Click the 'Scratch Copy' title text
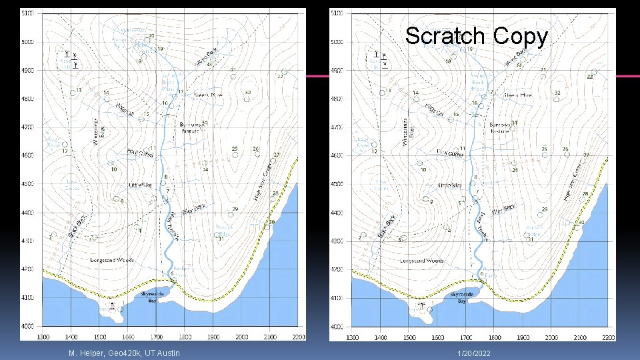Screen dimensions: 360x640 click(476, 36)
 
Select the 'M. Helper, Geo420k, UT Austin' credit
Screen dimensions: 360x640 click(123, 352)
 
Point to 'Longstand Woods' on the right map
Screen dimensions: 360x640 click(422, 261)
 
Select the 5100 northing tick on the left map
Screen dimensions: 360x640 click(29, 13)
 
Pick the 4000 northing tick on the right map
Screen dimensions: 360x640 click(337, 327)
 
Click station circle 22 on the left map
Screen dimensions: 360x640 click(285, 71)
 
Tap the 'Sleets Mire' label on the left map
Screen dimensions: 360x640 click(207, 95)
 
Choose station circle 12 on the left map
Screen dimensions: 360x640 click(65, 144)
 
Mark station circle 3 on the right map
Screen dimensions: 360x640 click(403, 237)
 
